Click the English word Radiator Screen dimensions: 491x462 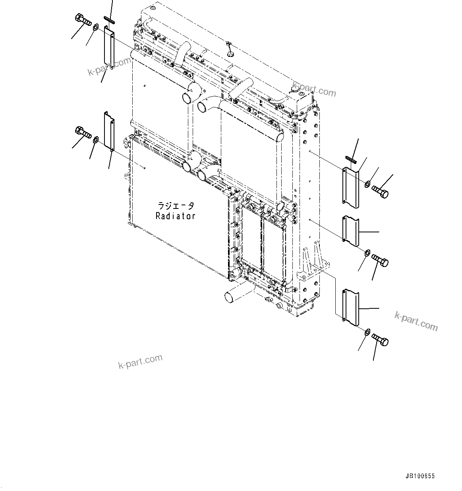point(175,216)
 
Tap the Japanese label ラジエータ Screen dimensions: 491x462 point(176,206)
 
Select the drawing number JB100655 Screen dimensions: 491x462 point(420,476)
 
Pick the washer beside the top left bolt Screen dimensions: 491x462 point(96,28)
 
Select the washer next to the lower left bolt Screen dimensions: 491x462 point(96,140)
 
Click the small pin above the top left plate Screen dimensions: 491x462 point(109,19)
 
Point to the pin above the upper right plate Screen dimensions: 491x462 point(351,160)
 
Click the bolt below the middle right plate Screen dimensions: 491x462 point(380,261)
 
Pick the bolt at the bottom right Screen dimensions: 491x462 point(380,340)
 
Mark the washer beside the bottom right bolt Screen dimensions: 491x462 point(367,331)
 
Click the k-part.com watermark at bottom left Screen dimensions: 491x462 point(140,361)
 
